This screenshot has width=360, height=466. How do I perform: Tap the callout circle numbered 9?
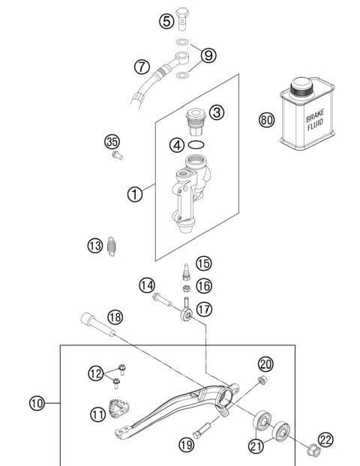coord(208,54)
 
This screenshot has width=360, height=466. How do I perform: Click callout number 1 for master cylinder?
coord(133,193)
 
